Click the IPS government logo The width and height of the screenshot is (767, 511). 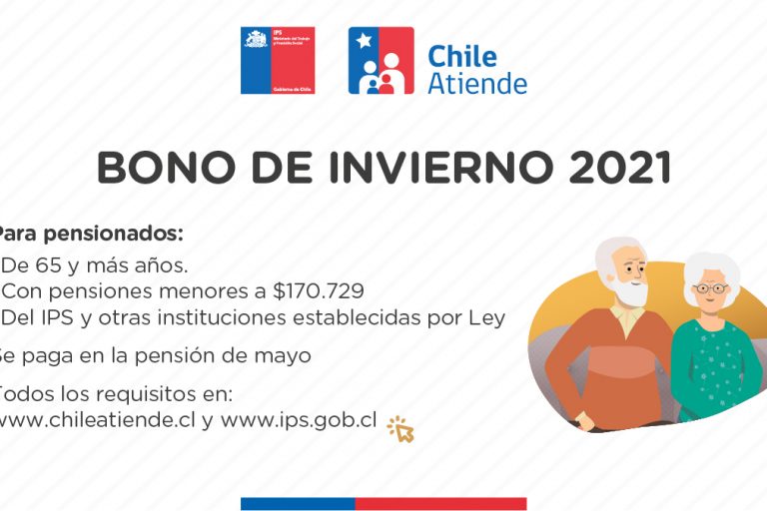click(x=278, y=60)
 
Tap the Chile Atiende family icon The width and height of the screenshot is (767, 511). click(x=381, y=61)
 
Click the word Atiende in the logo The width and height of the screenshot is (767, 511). click(x=476, y=83)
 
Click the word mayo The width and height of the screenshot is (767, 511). click(x=288, y=355)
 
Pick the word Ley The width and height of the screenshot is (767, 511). click(x=487, y=318)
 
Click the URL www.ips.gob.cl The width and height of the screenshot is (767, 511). click(x=299, y=420)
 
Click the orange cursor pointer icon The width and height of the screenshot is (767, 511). click(x=400, y=429)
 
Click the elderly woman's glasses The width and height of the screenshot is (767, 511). click(x=710, y=288)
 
